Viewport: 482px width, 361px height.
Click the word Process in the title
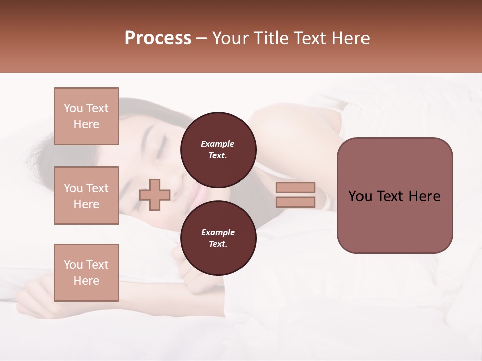click(x=158, y=38)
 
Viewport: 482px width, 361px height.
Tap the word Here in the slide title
click(x=349, y=38)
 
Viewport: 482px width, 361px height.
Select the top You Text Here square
click(x=86, y=116)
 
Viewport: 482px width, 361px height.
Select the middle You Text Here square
click(x=86, y=196)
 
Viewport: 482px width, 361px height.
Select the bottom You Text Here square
click(x=86, y=273)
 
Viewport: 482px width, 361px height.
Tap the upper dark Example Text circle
click(x=218, y=150)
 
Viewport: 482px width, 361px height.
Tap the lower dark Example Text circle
click(x=218, y=238)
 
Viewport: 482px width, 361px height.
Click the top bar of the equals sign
click(x=295, y=187)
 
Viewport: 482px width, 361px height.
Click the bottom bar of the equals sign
click(x=295, y=202)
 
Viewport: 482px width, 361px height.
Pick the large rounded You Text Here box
click(x=395, y=196)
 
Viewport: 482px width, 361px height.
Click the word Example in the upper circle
click(x=218, y=144)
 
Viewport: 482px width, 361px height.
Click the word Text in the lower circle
click(x=218, y=244)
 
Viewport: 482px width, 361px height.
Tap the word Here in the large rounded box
click(x=424, y=196)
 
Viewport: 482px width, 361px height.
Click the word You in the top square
click(x=73, y=108)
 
